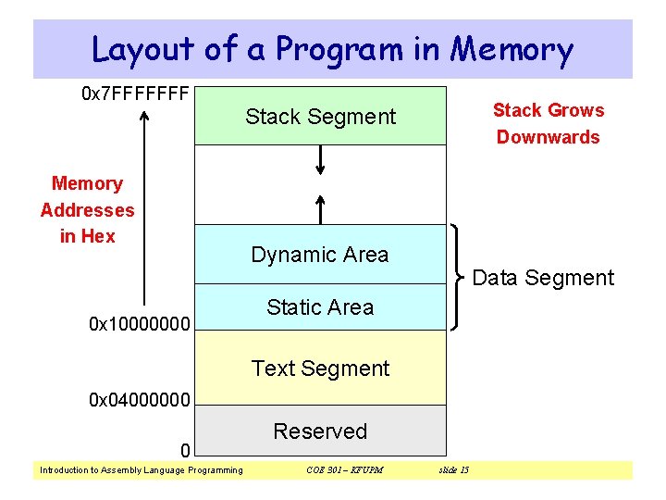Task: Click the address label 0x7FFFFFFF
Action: click(136, 94)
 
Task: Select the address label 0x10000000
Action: click(140, 325)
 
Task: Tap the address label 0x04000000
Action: click(140, 401)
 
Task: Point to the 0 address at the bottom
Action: click(185, 451)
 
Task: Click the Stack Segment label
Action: click(320, 117)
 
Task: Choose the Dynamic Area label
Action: click(320, 255)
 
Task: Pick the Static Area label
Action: click(320, 307)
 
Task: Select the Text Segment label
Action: click(320, 369)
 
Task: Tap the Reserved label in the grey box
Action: click(320, 431)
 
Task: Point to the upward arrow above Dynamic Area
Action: click(320, 209)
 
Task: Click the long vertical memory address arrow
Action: click(145, 213)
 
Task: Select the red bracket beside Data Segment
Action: click(459, 277)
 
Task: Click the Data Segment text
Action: click(543, 278)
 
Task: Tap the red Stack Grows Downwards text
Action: click(548, 124)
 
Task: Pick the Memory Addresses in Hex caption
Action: click(87, 210)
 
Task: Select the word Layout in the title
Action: click(143, 49)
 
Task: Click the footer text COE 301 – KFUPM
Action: click(344, 470)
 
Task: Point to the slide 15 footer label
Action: click(451, 470)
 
